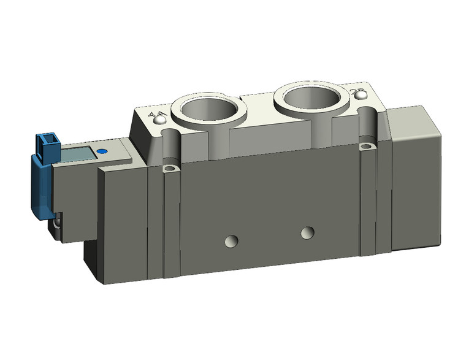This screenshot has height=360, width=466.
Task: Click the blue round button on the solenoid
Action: tap(102, 150)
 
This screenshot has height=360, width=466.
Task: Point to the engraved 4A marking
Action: tap(157, 114)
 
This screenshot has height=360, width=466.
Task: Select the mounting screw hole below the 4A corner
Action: tap(170, 168)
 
